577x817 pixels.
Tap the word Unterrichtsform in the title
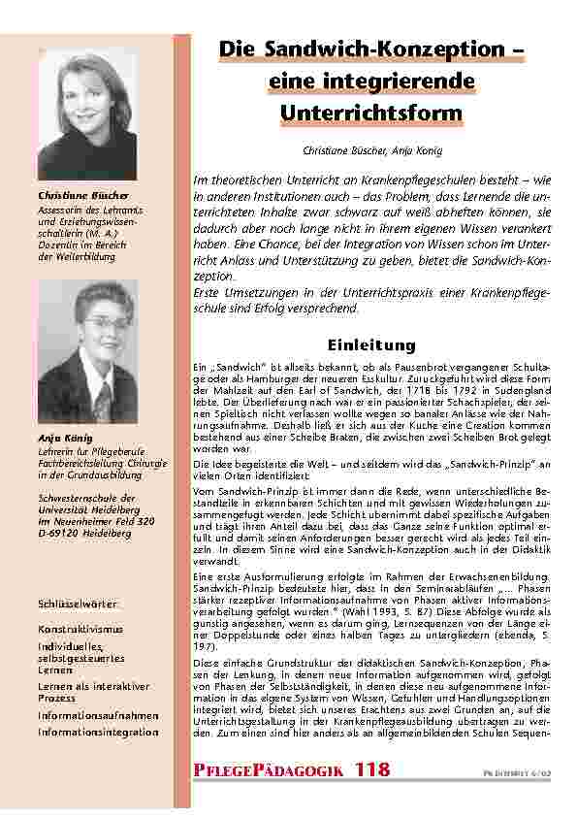coord(371,114)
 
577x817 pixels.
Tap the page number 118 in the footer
coord(372,768)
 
